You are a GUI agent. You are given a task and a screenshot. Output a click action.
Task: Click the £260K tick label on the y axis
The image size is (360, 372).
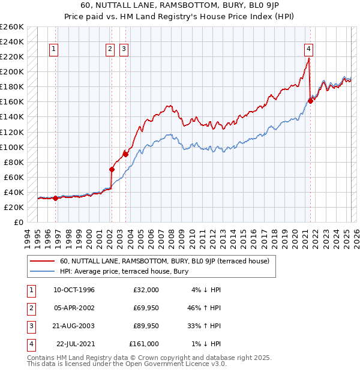[12, 26]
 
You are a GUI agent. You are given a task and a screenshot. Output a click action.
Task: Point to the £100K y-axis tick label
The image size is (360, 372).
[12, 147]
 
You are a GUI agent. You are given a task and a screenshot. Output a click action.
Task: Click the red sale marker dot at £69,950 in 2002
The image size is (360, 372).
[112, 169]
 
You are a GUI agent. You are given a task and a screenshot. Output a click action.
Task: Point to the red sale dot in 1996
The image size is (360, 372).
[56, 198]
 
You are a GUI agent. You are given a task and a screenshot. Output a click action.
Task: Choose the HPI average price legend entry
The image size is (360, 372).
[124, 271]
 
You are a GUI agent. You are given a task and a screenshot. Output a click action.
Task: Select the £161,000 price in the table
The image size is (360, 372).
[143, 344]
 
